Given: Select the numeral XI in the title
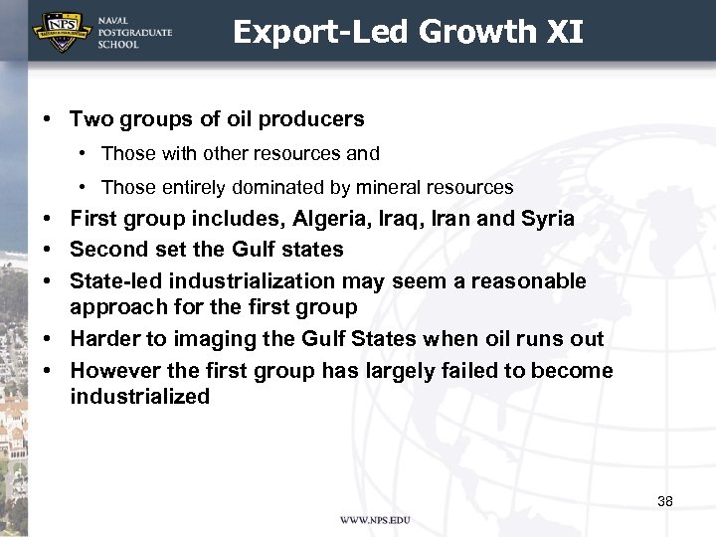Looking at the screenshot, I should point(564,33).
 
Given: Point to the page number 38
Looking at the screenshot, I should point(665,501).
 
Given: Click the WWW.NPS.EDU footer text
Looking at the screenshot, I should point(375,521).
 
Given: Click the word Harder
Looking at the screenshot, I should point(105,339).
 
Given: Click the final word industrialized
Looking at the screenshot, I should point(140,397).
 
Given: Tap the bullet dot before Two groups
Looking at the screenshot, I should point(48,120).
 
